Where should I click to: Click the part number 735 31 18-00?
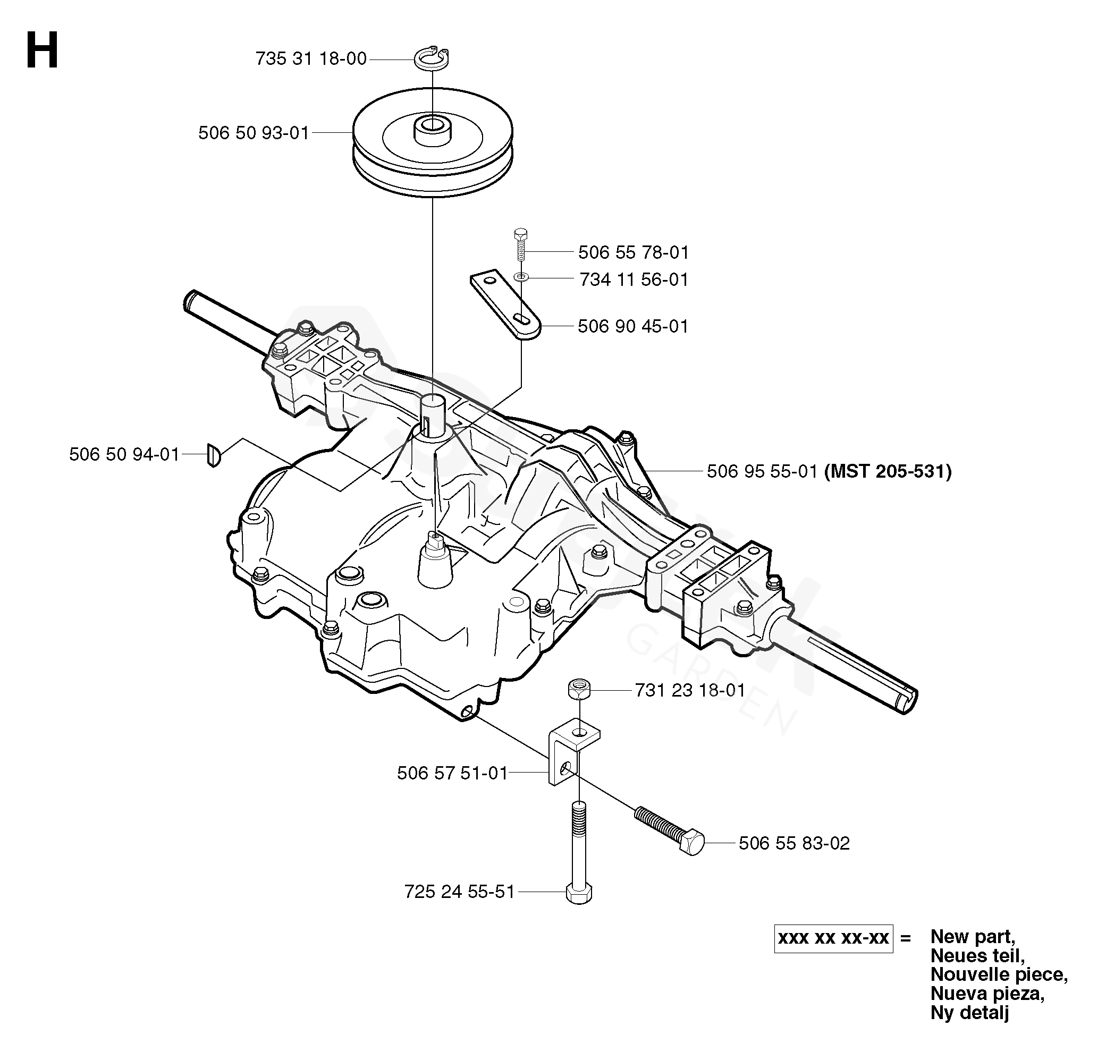[x=311, y=58]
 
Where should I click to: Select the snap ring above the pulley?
[x=432, y=58]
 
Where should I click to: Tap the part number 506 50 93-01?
[x=254, y=133]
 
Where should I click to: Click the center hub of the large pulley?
[x=432, y=130]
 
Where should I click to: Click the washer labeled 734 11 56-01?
[x=521, y=276]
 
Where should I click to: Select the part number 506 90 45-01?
[x=633, y=326]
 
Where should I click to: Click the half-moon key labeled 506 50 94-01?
[x=214, y=454]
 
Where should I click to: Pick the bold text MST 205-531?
[x=888, y=472]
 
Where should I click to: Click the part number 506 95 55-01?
[x=762, y=472]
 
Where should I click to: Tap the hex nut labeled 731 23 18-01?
[x=579, y=690]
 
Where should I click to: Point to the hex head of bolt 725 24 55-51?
[x=579, y=894]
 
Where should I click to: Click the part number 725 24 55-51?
[x=460, y=892]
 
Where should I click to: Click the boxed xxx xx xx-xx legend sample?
[x=833, y=938]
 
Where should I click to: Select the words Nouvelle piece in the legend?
[x=999, y=974]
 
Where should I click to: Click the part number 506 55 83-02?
[x=795, y=843]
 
